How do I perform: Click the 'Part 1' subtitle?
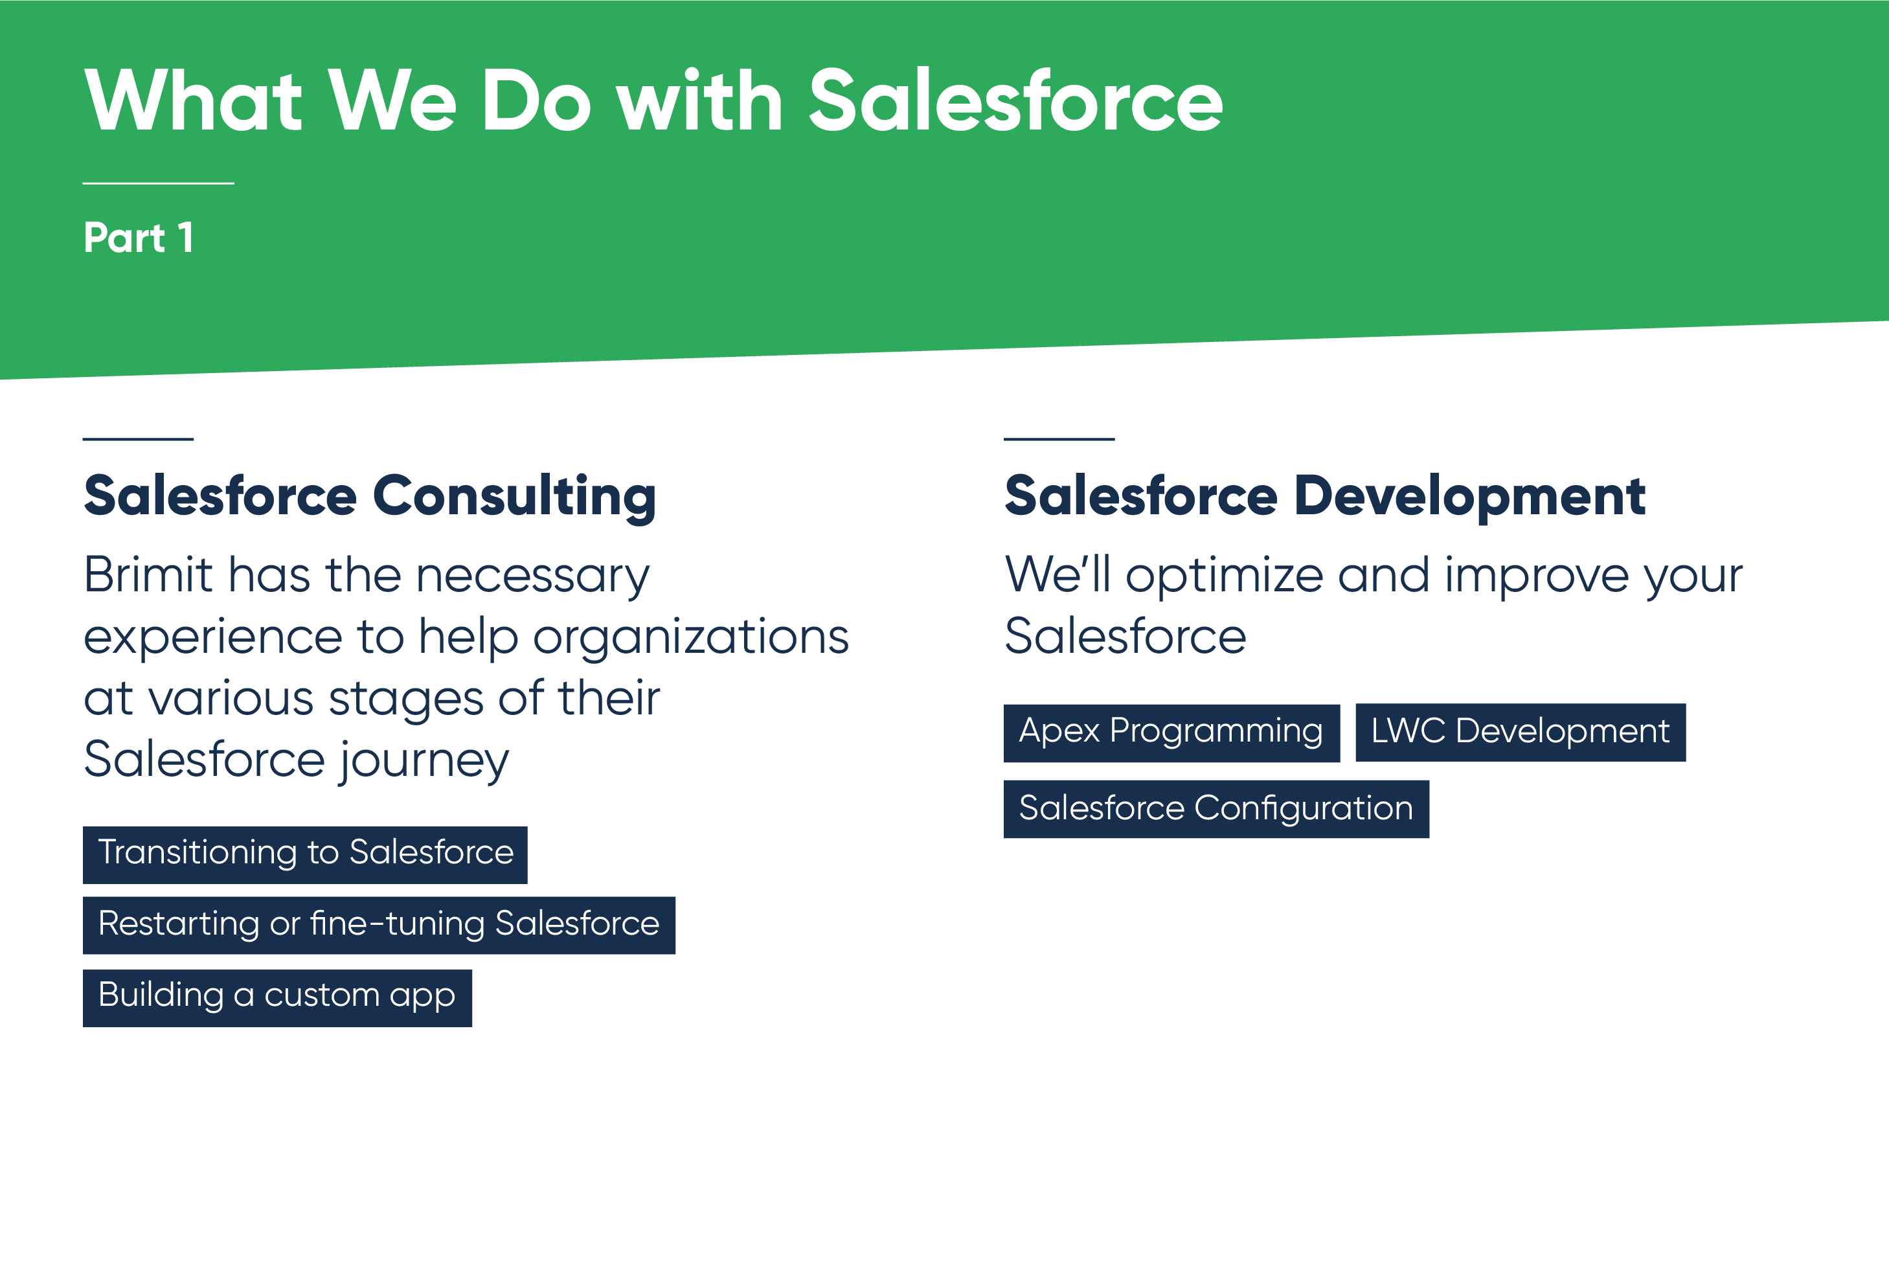coord(139,238)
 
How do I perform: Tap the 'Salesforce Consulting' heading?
coord(370,495)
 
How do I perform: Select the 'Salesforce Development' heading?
coord(1324,495)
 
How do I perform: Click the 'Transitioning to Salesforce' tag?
coord(305,854)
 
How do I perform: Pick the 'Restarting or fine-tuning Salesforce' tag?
coord(379,925)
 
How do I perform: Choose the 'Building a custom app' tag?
coord(277,997)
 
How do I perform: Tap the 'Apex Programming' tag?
coord(1171,733)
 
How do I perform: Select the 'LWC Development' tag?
coord(1520,733)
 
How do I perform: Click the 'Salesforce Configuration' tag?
coord(1216,809)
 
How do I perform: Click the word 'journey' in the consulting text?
coord(424,761)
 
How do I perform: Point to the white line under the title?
coord(159,183)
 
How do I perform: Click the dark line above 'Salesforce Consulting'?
coord(139,439)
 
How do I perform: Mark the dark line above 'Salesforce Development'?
coord(1059,439)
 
